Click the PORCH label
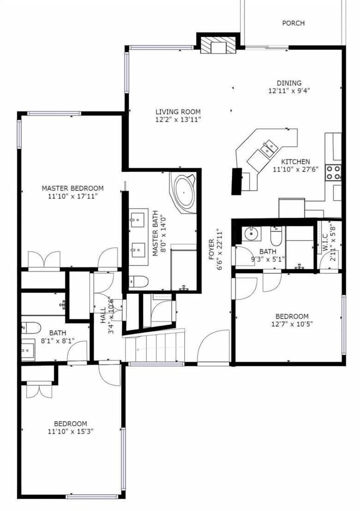[x=293, y=23]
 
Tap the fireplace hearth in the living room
[x=218, y=45]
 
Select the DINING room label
[x=289, y=83]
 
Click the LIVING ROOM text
[x=178, y=112]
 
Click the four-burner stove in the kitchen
[x=333, y=172]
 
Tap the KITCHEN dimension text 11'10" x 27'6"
[x=296, y=169]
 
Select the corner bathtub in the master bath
[x=183, y=193]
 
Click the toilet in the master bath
[x=138, y=281]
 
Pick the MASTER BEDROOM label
[x=73, y=188]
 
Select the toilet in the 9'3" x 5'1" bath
[x=276, y=236]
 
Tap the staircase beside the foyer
[x=155, y=345]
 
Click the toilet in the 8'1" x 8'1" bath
[x=31, y=328]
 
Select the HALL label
[x=103, y=315]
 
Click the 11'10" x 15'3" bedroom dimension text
[x=70, y=432]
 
